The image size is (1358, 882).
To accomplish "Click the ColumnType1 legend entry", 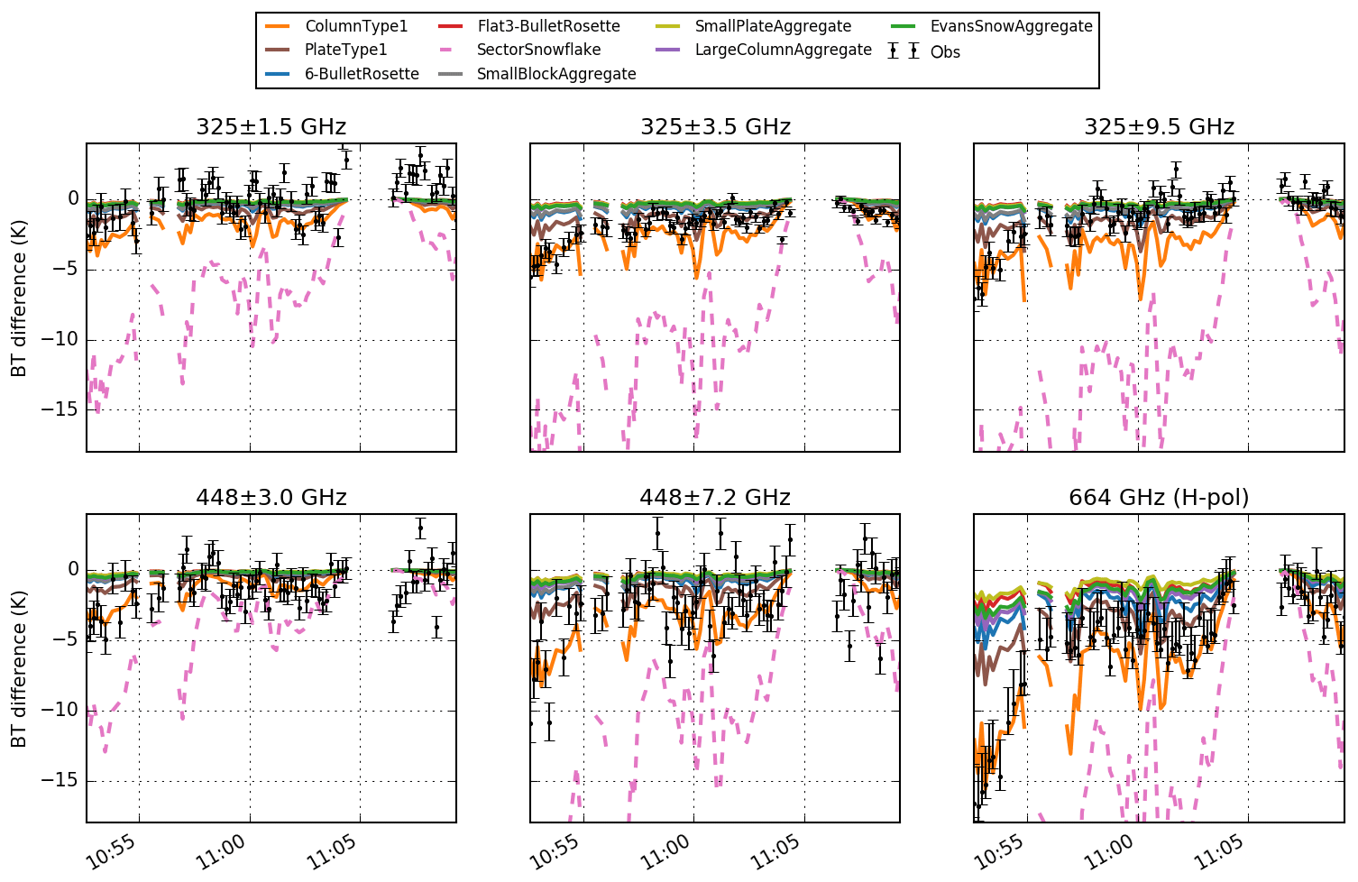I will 355,26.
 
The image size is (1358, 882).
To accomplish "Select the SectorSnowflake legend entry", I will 538,50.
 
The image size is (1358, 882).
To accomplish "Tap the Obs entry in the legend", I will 944,51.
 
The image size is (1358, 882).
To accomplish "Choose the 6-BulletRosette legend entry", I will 361,74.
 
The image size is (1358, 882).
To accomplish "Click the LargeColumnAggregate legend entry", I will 783,50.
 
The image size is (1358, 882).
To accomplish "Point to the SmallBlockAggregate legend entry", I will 555,74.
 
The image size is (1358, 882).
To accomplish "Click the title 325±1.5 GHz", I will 271,127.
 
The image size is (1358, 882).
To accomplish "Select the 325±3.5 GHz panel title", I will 715,127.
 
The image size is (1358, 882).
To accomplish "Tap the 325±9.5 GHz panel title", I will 1159,127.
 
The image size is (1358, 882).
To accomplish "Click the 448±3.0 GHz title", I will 271,498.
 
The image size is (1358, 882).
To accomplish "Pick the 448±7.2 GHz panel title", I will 715,498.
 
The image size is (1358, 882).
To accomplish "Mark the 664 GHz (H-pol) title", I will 1159,498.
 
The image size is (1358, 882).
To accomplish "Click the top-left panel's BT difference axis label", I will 18,298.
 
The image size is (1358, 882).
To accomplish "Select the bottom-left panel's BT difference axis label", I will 18,668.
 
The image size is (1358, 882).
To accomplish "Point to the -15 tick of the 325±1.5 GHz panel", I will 66,410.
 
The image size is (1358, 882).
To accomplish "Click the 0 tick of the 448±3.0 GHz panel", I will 73,570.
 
